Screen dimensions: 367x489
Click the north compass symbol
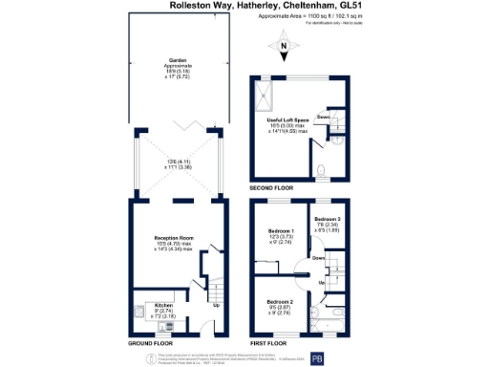[284, 44]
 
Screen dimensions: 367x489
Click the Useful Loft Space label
[289, 119]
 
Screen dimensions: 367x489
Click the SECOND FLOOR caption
[279, 187]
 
